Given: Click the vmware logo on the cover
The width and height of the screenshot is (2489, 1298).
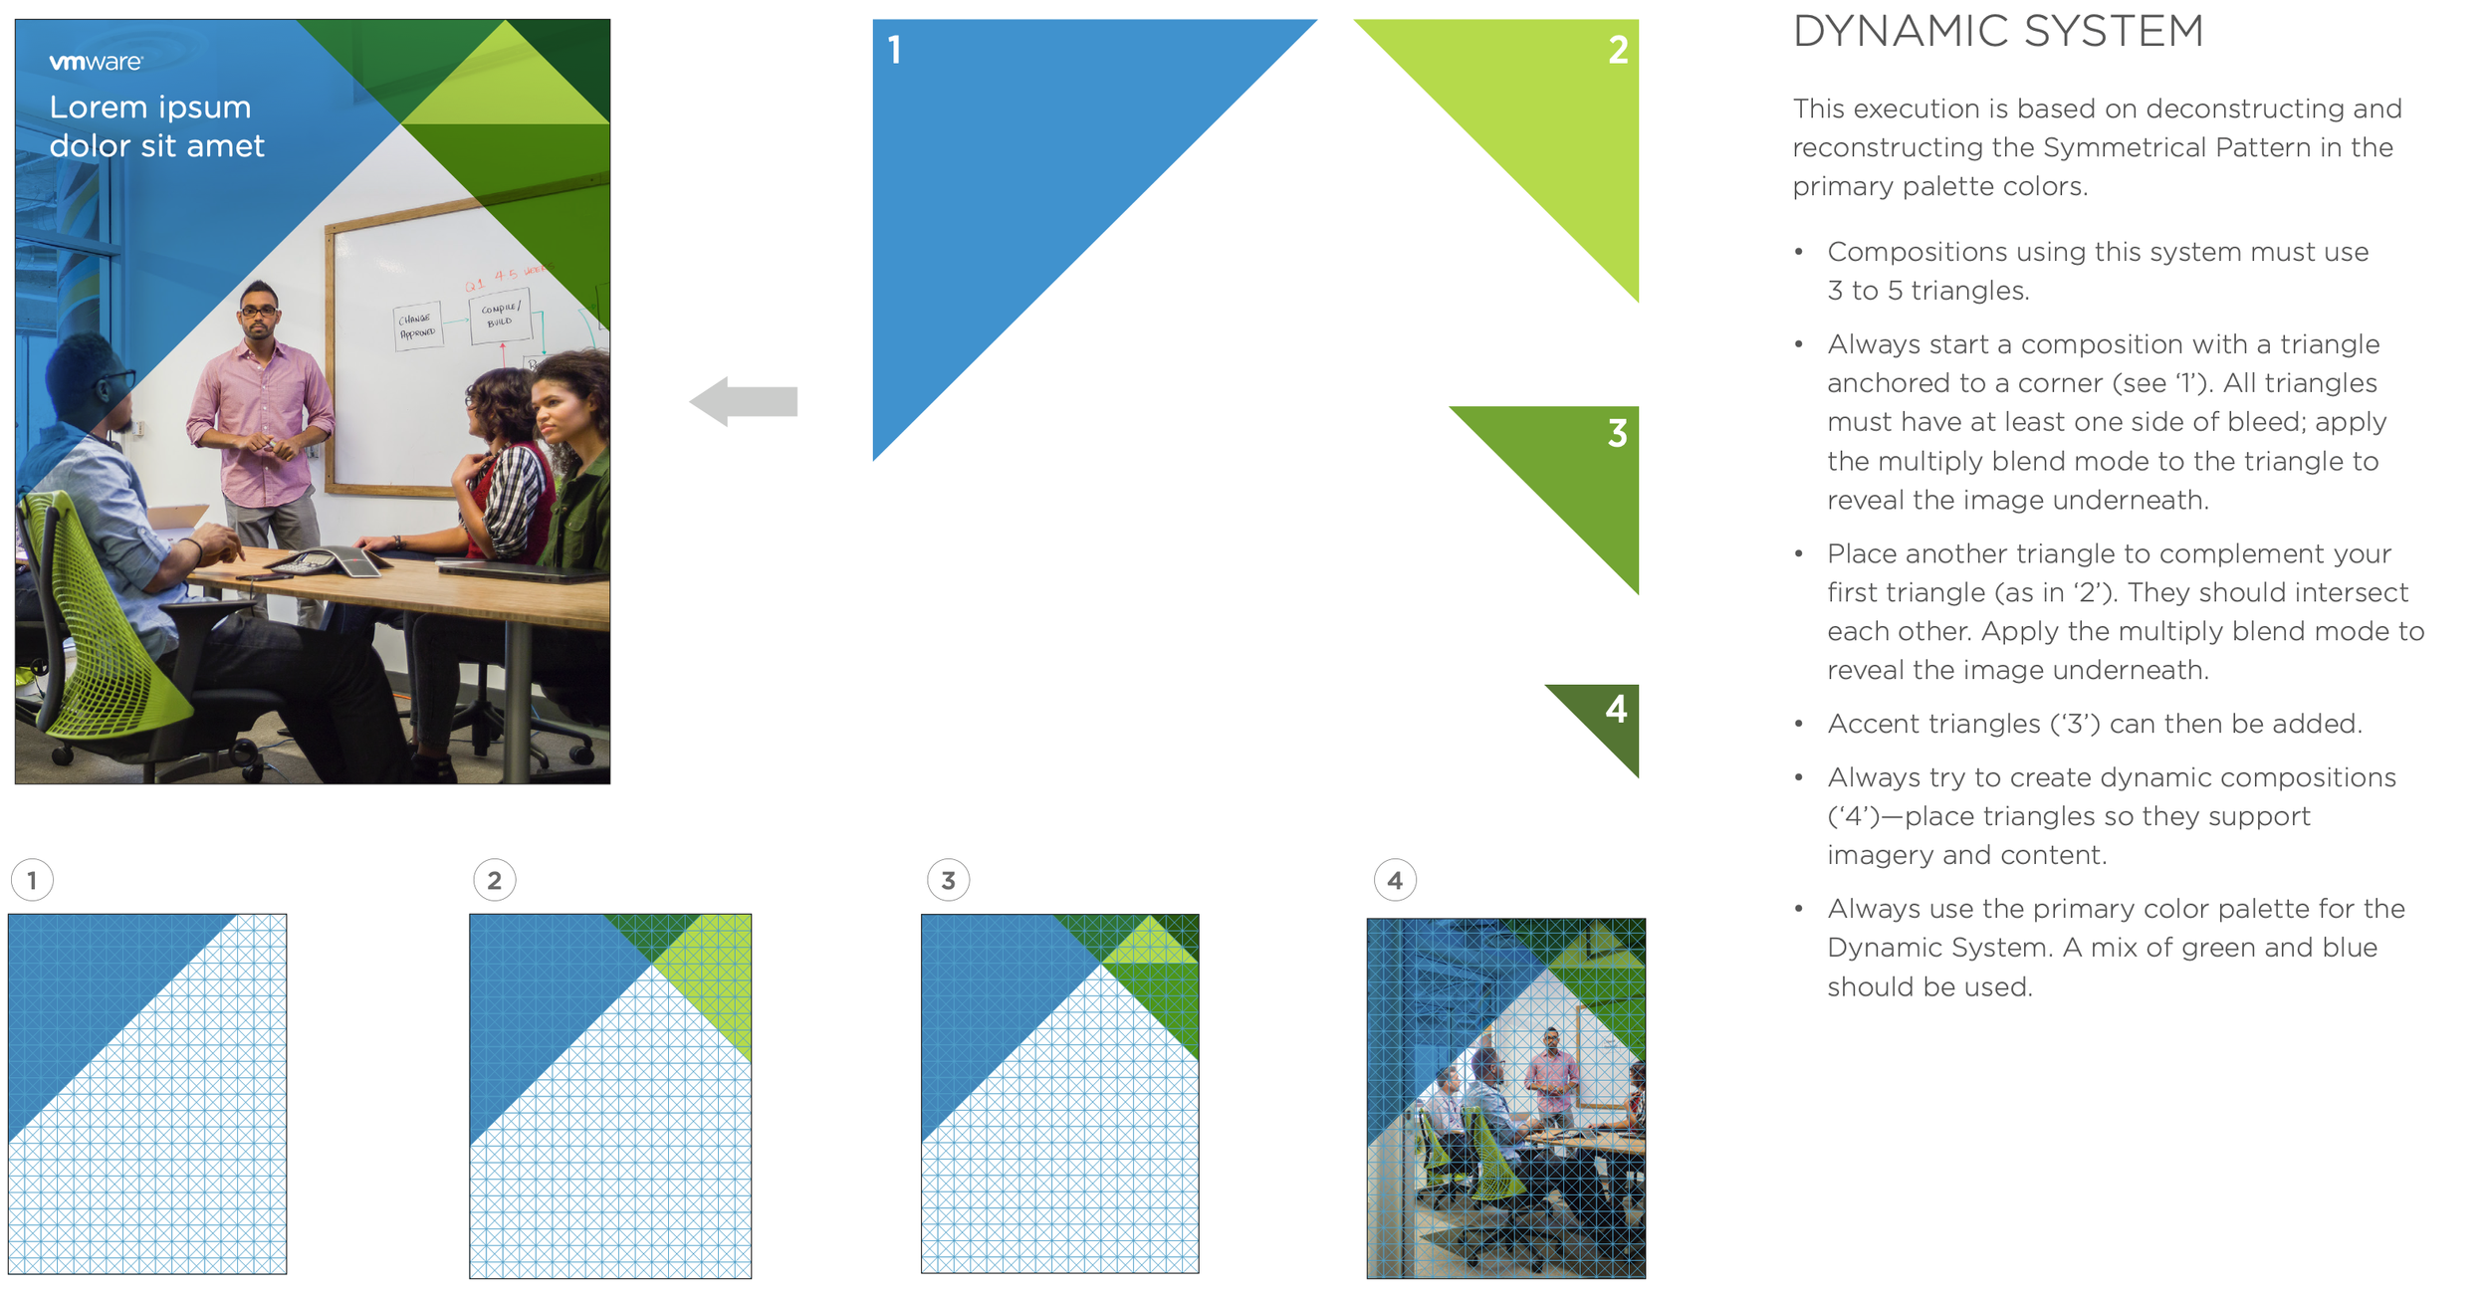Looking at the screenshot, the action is pyautogui.click(x=96, y=62).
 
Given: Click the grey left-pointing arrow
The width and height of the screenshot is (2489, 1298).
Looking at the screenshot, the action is pyautogui.click(x=744, y=401).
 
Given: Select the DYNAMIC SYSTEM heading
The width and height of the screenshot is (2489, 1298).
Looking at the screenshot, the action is pyautogui.click(x=1997, y=31).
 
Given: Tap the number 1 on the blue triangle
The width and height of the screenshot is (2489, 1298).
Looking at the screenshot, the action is pyautogui.click(x=894, y=50).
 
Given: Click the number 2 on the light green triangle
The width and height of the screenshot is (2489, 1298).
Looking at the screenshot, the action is pyautogui.click(x=1618, y=50).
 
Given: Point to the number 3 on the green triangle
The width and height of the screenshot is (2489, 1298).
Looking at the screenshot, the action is pyautogui.click(x=1617, y=433).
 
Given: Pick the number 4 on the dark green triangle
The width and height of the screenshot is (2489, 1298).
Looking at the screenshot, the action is pyautogui.click(x=1616, y=709).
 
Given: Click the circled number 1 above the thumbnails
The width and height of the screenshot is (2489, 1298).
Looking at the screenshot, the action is pyautogui.click(x=32, y=880).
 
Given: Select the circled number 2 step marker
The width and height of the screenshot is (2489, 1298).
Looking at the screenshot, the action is pyautogui.click(x=495, y=880).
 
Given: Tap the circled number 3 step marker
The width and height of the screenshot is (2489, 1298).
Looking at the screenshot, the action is pyautogui.click(x=948, y=880).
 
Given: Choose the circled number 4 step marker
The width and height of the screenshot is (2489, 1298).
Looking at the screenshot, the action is pyautogui.click(x=1394, y=880).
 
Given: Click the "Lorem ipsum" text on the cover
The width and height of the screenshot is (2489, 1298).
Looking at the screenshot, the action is pyautogui.click(x=150, y=108).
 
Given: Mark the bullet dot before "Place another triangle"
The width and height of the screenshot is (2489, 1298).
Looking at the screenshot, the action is pyautogui.click(x=1798, y=553).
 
